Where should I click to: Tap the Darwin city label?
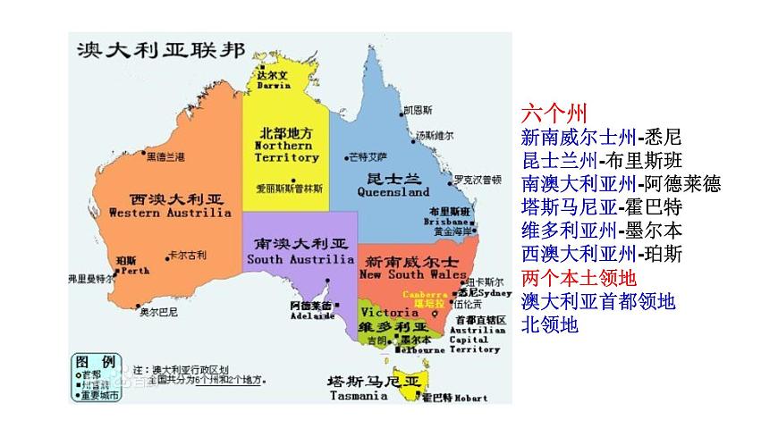click(x=274, y=80)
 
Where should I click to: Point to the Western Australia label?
click(x=170, y=206)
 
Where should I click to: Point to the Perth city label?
click(x=133, y=265)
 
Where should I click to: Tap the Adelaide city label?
click(x=310, y=311)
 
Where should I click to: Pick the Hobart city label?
click(x=446, y=397)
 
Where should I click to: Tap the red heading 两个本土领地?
click(x=578, y=277)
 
